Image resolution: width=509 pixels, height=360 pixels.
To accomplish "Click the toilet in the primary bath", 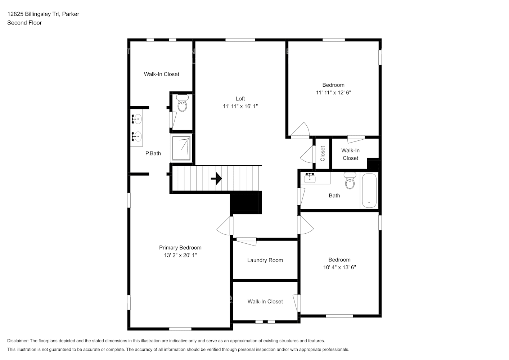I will click(183, 104).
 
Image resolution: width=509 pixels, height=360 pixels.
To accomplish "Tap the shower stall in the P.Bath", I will click(181, 148).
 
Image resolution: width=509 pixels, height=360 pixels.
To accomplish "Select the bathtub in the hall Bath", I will click(369, 191).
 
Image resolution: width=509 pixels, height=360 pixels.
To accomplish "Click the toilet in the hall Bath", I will click(350, 181).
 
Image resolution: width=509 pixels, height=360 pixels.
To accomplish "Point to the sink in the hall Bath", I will click(310, 177).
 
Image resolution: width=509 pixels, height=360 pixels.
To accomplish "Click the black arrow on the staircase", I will click(217, 179).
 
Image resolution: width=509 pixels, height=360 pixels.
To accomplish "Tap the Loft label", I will click(240, 99).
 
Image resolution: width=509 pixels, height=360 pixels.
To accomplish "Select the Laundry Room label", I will click(265, 260).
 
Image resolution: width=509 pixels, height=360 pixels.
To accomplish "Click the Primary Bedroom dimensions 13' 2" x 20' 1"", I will click(180, 255).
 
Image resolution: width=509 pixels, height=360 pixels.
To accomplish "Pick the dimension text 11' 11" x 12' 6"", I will click(333, 93).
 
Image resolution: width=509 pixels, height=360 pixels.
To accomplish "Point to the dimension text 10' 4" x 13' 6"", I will click(339, 267).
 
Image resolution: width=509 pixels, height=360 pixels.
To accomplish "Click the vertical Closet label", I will click(323, 153).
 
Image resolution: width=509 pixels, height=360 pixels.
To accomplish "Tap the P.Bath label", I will click(153, 153).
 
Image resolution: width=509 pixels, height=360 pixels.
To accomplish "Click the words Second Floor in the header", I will click(24, 23).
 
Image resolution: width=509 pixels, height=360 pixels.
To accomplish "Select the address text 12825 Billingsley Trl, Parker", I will click(43, 14).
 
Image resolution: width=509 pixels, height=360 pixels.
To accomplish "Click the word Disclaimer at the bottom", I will click(18, 341).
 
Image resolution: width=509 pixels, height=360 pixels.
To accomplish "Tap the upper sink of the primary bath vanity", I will click(137, 119).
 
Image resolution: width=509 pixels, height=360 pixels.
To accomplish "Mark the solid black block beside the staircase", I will click(246, 203).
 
